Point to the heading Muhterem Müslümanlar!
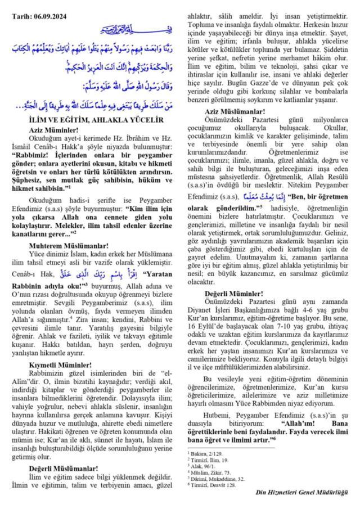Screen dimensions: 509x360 [x=65, y=245]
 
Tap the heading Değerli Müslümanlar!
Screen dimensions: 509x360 [x=63, y=467]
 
